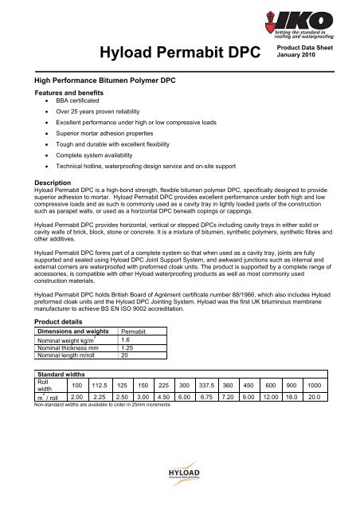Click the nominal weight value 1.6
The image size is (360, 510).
point(125,340)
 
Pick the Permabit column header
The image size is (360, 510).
point(132,331)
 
